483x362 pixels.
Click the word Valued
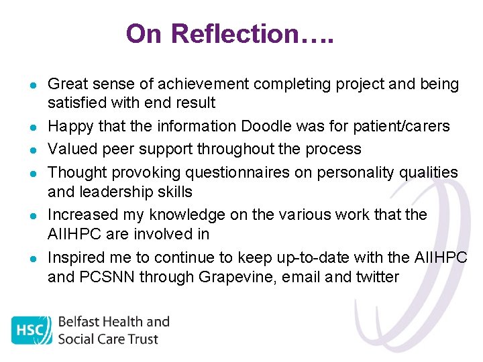click(71, 149)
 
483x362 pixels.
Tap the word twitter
click(377, 278)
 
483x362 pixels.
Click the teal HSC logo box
click(32, 331)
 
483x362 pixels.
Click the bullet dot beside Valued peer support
click(32, 149)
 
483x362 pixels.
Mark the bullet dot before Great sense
click(32, 85)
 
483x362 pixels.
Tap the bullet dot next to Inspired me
click(32, 258)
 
